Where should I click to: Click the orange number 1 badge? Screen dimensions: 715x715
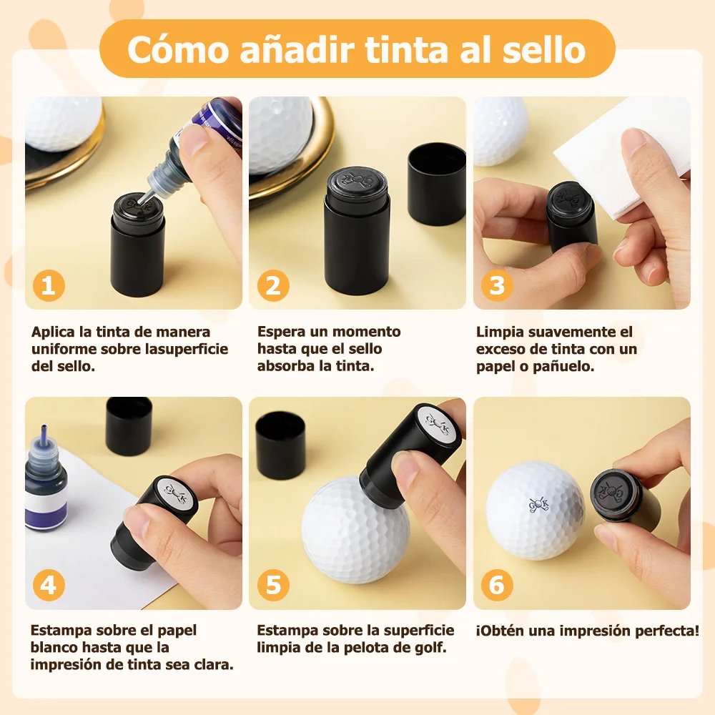[49, 285]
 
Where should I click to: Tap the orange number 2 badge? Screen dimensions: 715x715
[273, 285]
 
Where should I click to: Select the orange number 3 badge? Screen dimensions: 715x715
[497, 285]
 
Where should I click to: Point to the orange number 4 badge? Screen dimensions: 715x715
[49, 585]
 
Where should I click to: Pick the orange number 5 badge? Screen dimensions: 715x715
[273, 585]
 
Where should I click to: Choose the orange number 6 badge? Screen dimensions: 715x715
[497, 585]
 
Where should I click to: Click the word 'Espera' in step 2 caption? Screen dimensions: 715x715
[281, 332]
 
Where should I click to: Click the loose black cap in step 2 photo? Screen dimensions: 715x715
[436, 184]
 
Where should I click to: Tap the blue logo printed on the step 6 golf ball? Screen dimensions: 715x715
[538, 504]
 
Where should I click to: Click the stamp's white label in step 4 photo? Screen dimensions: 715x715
[176, 495]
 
